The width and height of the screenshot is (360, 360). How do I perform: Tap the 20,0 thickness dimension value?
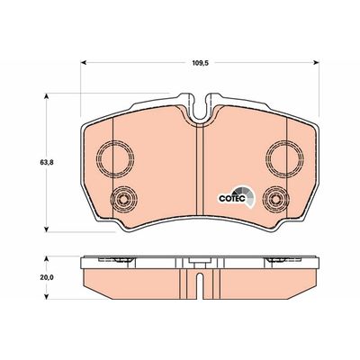coord(47,278)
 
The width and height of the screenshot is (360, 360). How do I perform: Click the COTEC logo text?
coord(232,199)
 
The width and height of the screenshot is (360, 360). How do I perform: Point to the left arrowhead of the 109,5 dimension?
coord(84,62)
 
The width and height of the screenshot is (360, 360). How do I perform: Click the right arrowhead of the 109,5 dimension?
coord(316,62)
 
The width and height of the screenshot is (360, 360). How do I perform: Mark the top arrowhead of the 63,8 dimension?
coord(46,96)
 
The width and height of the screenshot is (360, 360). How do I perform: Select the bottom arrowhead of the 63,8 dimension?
coord(46,229)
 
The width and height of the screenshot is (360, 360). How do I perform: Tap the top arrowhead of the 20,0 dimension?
coord(46,259)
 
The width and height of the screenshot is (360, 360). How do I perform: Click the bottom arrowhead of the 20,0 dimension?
coord(46,296)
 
